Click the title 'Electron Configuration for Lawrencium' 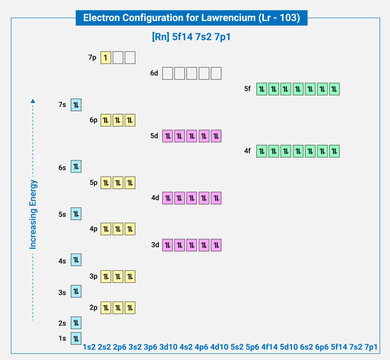point(195,17)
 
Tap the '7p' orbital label point(92,59)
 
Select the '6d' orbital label point(154,74)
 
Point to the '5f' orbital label point(248,89)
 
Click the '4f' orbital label point(248,151)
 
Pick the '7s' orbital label point(61,104)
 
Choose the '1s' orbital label point(61,338)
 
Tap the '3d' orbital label point(154,245)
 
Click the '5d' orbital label point(154,135)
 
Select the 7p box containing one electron point(105,59)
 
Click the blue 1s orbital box point(75,338)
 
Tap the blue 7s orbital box point(75,104)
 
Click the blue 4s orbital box point(75,260)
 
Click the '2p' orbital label point(92,307)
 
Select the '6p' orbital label point(92,120)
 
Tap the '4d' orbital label point(154,198)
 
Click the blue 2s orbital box point(75,322)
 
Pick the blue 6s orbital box point(75,166)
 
